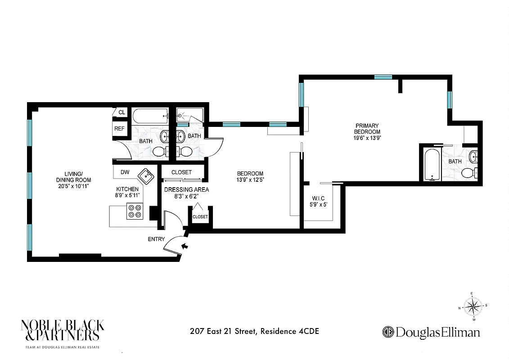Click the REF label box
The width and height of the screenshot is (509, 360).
point(119,129)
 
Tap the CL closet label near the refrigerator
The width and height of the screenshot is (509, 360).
point(121,112)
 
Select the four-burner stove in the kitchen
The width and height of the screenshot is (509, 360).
point(135,211)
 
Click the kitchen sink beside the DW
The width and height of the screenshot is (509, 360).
point(146,175)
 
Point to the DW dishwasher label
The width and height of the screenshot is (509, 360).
point(125,172)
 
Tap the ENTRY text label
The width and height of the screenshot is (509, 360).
point(156,239)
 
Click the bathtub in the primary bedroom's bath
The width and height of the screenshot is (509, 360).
point(432,165)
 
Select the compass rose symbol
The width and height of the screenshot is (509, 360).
point(472,307)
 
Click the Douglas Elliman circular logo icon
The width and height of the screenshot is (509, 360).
point(388,333)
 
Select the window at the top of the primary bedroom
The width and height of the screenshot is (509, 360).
point(383,77)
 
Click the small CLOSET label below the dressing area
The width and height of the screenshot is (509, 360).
point(200,217)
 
